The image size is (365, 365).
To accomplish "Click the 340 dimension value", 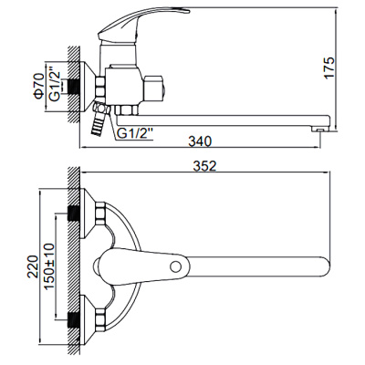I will click(x=207, y=141).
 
